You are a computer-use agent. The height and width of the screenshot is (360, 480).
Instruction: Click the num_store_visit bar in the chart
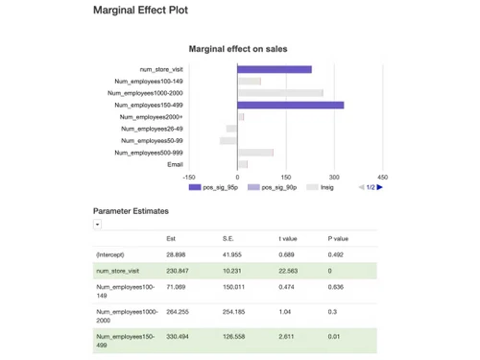click(274, 69)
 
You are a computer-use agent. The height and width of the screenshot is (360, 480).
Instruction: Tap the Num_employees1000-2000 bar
click(279, 93)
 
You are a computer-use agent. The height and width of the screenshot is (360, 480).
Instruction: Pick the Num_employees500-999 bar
click(255, 153)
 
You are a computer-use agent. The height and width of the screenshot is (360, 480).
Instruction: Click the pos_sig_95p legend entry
click(215, 187)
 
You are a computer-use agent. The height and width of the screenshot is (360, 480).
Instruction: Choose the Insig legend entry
click(320, 187)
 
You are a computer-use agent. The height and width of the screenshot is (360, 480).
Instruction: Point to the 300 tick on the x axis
click(334, 177)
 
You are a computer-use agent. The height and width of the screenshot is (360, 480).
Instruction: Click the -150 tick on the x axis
click(189, 177)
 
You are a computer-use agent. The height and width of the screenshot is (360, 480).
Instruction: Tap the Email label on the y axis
click(175, 164)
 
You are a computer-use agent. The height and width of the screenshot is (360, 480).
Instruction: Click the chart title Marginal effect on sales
click(238, 48)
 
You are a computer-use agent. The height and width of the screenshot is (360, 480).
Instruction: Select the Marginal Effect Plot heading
click(141, 11)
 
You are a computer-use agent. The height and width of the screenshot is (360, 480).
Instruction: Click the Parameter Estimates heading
click(131, 210)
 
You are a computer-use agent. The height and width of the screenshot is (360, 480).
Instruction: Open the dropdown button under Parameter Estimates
click(97, 224)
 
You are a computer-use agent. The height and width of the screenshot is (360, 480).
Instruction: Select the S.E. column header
click(228, 238)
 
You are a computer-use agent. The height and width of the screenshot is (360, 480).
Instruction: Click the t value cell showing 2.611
click(287, 337)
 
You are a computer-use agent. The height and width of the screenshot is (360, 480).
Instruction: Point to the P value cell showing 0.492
click(336, 254)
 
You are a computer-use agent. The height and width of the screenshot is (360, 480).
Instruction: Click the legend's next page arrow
click(380, 187)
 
